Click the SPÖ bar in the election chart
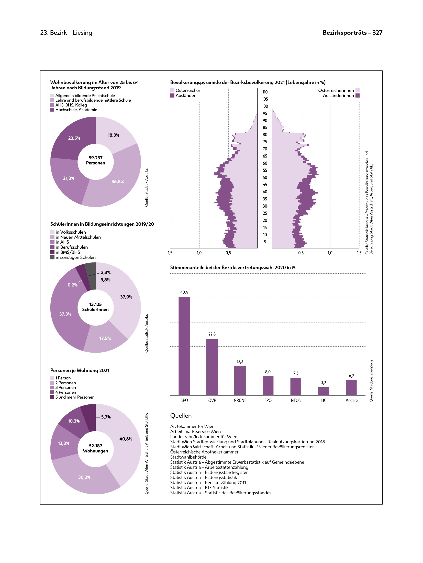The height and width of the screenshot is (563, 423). click(184, 346)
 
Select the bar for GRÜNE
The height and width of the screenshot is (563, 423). click(240, 380)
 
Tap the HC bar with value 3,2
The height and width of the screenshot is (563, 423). click(324, 391)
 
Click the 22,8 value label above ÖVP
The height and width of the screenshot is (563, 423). click(212, 334)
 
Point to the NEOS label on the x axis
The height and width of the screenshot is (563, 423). click(296, 400)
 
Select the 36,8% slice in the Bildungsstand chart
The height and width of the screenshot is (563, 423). click(118, 181)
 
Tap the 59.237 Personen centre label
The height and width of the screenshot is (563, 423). click(95, 160)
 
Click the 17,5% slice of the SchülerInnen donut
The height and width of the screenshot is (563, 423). click(105, 338)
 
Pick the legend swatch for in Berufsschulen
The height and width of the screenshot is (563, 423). click(52, 247)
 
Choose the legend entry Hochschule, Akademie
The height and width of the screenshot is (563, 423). click(76, 110)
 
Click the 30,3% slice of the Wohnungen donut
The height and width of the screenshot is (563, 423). click(84, 477)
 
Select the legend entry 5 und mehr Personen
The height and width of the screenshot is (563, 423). click(75, 397)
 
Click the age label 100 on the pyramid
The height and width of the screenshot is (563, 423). click(265, 106)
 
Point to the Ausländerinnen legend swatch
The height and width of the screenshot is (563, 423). click(358, 95)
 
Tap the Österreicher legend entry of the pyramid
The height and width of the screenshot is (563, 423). click(188, 90)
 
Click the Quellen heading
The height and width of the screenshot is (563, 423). click(181, 416)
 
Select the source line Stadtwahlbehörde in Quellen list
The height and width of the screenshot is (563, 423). click(188, 457)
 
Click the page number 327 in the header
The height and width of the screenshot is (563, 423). click(377, 33)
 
